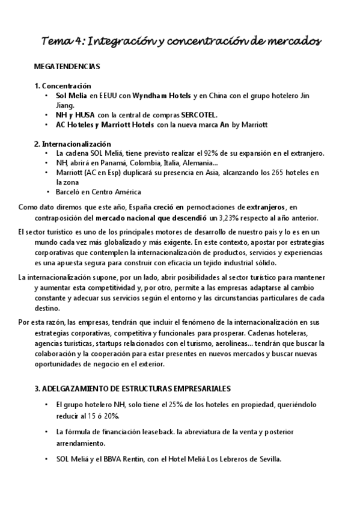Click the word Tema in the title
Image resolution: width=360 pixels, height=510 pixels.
coord(56,41)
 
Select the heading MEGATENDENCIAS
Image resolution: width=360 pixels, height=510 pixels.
coord(67,66)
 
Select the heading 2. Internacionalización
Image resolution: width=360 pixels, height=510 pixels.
coord(73,144)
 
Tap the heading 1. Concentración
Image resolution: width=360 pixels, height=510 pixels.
coord(63,86)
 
